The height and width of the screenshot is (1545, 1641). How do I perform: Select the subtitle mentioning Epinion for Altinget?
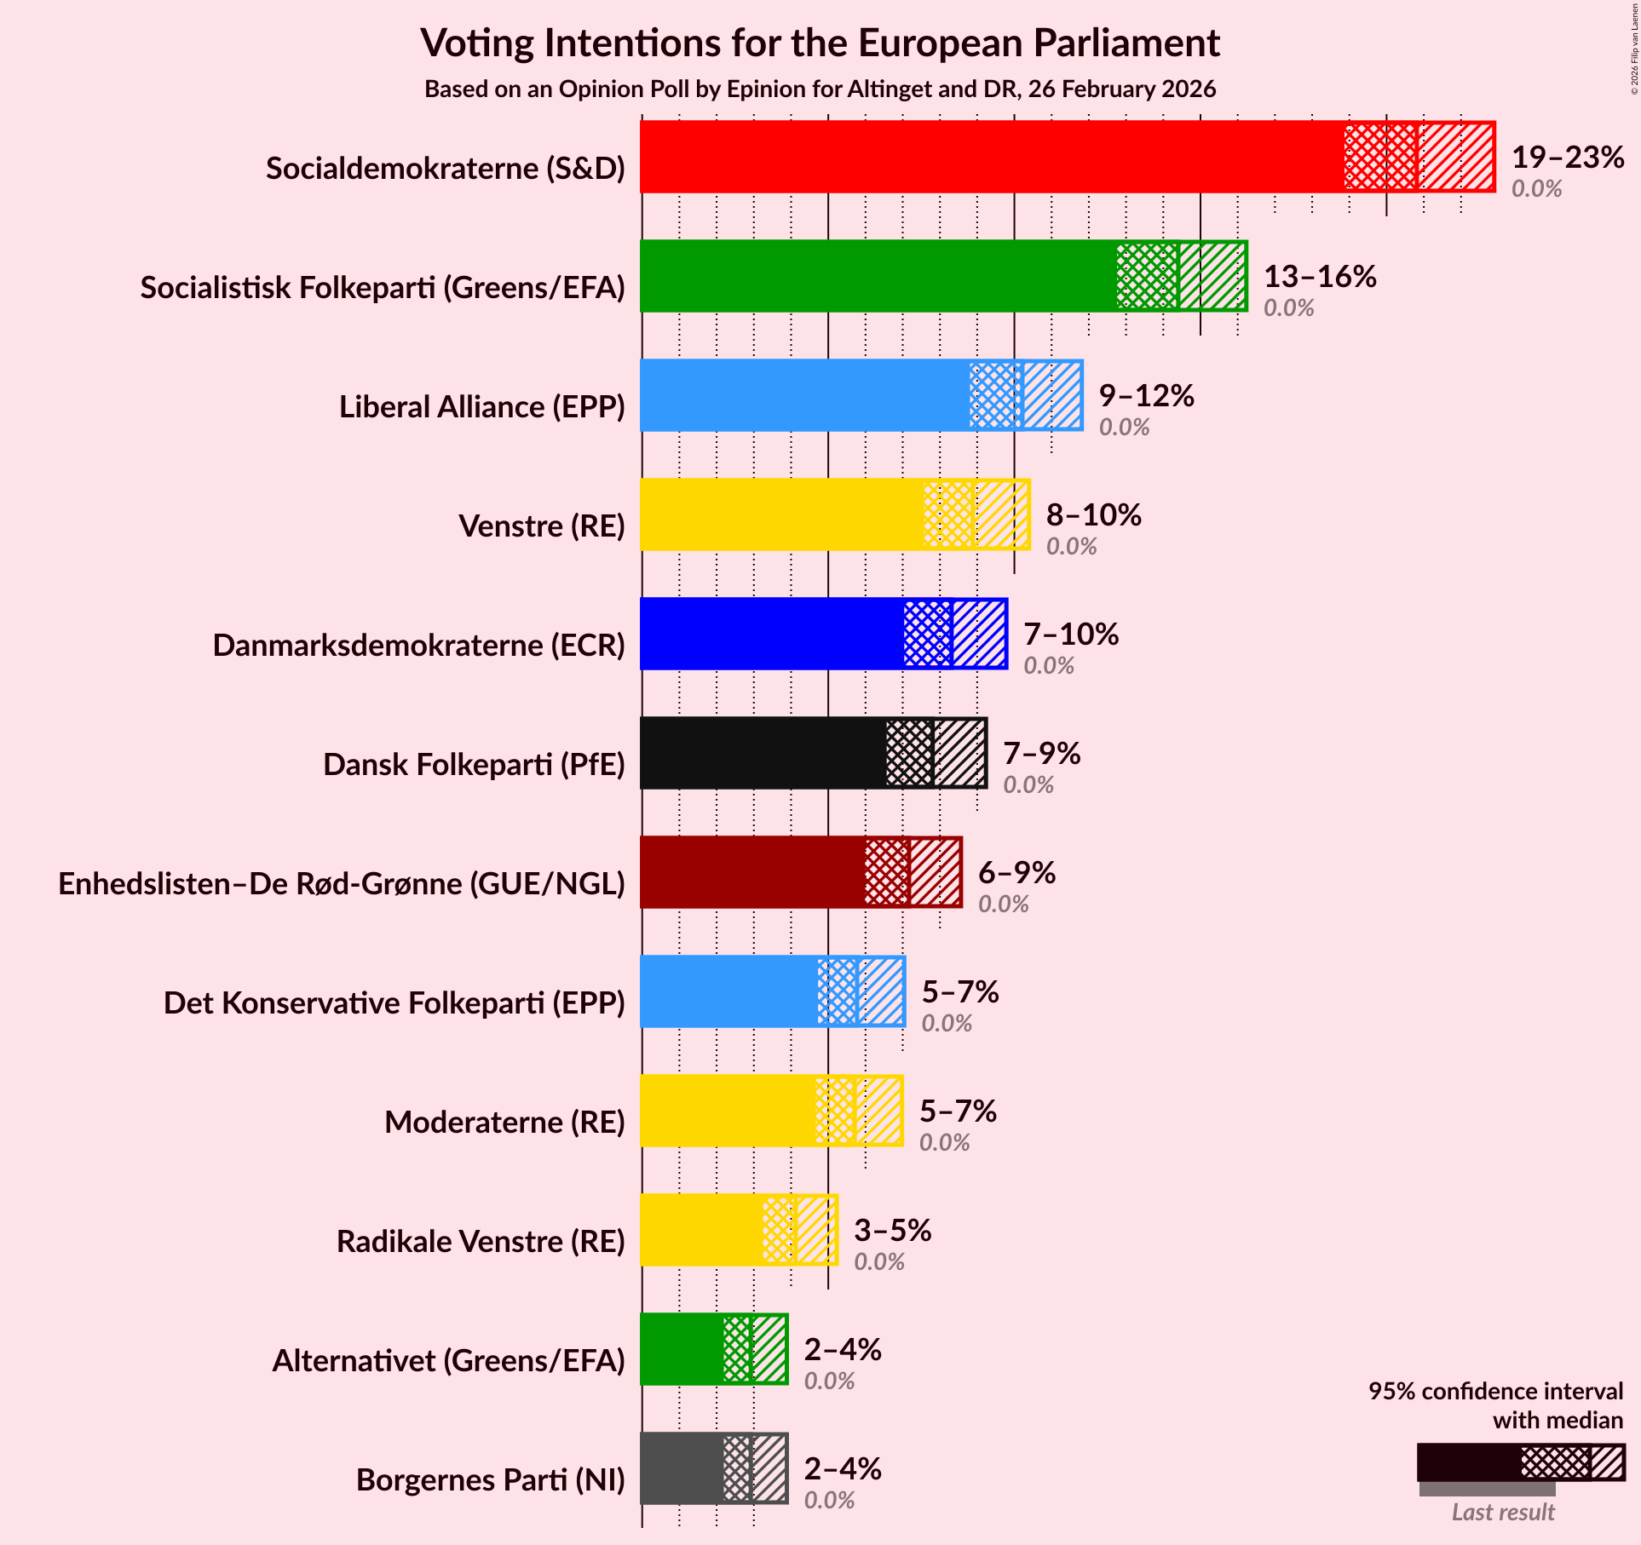pos(820,89)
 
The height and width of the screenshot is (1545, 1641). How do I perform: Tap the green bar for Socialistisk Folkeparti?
pos(878,276)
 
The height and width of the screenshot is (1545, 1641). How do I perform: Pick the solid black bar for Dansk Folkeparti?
pos(763,753)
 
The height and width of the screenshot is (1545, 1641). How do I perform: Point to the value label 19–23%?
pos(1567,158)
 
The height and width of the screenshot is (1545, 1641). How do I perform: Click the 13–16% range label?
pos(1319,277)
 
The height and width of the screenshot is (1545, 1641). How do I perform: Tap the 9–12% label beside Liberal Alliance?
pos(1146,396)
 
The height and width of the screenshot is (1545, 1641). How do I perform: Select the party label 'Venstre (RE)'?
pos(542,526)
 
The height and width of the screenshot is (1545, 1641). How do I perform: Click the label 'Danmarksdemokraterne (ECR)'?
pos(418,646)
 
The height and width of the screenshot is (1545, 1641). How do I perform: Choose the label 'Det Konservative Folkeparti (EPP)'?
pos(394,1003)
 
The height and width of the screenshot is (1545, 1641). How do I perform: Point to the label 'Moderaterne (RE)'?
pos(504,1123)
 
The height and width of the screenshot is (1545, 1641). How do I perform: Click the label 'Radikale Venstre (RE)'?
pos(481,1242)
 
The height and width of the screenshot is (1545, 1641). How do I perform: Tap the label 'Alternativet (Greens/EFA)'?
pos(448,1361)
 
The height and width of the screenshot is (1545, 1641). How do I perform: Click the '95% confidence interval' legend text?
pos(1495,1391)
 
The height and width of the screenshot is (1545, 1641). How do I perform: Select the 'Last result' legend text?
pos(1503,1512)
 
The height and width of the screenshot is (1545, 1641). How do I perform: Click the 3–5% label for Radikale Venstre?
pos(892,1231)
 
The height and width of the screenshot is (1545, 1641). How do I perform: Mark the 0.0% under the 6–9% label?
pos(1003,904)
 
